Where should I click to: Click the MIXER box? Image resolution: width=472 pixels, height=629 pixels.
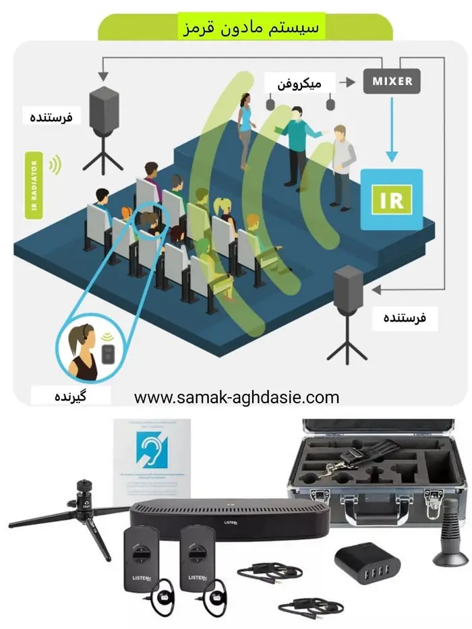[392, 82]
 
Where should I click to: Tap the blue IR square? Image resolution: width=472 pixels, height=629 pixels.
[391, 200]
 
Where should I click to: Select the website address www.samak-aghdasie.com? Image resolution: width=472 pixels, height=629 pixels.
[236, 397]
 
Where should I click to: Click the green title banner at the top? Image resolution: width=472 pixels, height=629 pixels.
[245, 27]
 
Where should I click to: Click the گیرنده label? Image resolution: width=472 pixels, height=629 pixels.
[69, 394]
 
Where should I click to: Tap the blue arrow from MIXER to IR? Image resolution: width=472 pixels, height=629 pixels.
[392, 128]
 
